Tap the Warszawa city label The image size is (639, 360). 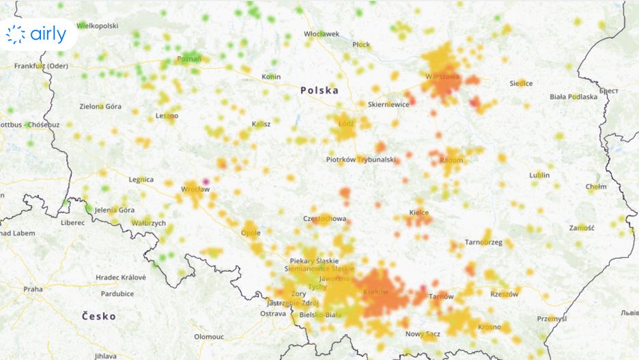[442, 77]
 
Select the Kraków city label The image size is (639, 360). [376, 292]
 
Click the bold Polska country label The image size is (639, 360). [319, 90]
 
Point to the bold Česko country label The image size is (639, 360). [99, 316]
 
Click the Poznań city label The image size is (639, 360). [188, 59]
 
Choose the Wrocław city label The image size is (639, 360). [195, 189]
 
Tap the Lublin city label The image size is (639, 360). [539, 176]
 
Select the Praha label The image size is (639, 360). [33, 289]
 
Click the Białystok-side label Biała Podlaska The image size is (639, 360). [573, 97]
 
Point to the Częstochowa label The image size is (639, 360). [324, 219]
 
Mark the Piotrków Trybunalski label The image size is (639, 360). [360, 160]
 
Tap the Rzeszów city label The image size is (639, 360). [505, 294]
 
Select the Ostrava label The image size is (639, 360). [272, 314]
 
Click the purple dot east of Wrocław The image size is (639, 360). [206, 182]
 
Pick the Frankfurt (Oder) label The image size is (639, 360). [42, 66]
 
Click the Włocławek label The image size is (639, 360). [322, 33]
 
